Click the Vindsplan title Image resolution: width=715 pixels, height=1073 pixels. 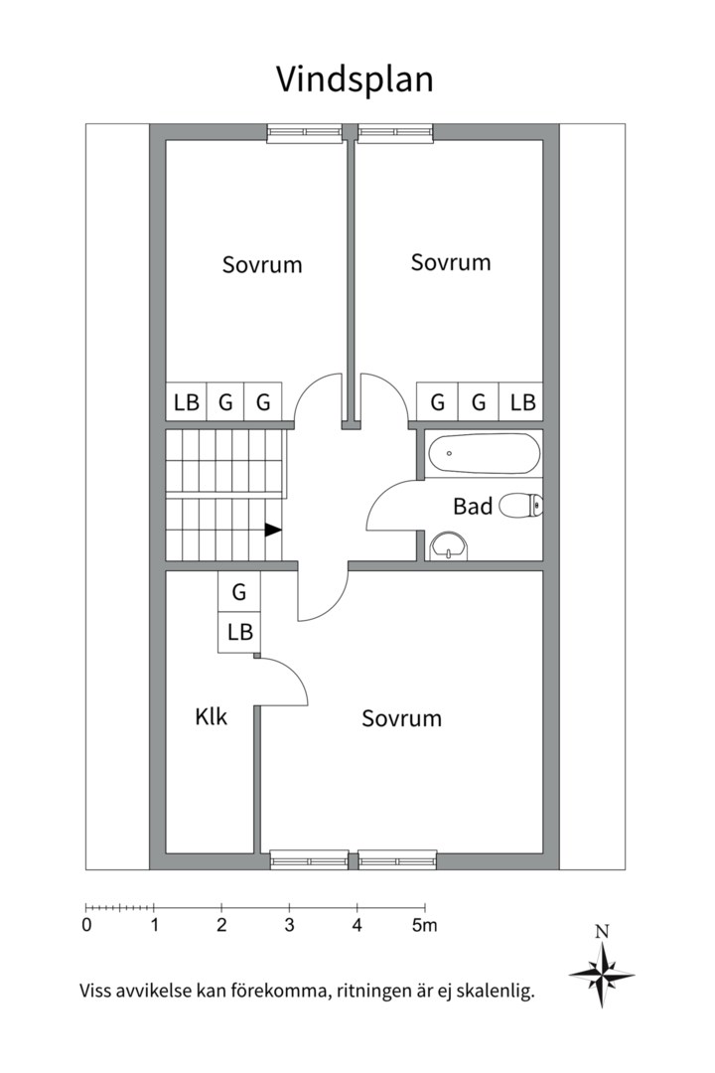click(355, 79)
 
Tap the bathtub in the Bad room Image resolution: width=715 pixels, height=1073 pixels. click(484, 453)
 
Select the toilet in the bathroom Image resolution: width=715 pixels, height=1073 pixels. click(521, 507)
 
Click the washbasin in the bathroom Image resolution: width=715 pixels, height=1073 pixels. click(450, 546)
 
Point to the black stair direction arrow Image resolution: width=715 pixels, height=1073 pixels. click(273, 530)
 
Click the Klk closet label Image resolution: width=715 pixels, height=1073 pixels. click(211, 716)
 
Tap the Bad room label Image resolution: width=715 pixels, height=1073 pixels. click(473, 507)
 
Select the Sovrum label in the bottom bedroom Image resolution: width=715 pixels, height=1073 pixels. click(401, 718)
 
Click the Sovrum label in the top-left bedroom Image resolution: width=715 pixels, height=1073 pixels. click(262, 265)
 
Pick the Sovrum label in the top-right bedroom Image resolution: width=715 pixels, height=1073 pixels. click(451, 262)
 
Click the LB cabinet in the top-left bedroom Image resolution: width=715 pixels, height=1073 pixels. click(187, 401)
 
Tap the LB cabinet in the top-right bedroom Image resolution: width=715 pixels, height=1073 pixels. click(522, 401)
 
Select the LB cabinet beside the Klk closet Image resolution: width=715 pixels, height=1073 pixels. click(239, 632)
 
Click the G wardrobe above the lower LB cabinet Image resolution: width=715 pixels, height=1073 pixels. click(239, 591)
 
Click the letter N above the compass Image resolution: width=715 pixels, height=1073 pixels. click(602, 931)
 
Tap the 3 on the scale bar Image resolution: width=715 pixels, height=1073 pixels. click(289, 925)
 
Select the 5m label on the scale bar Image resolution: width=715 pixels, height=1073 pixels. click(424, 925)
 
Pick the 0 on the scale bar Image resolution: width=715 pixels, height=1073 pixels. click(86, 925)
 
